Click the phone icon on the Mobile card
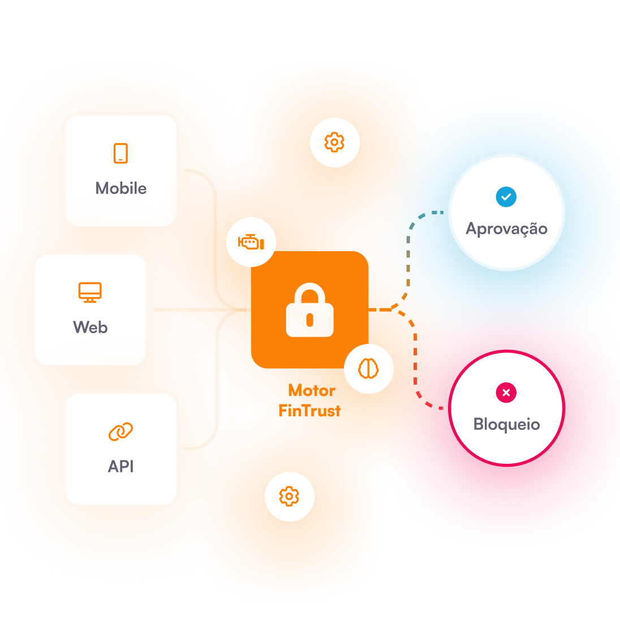[x=120, y=153]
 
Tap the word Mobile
[x=120, y=188]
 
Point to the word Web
[x=90, y=328]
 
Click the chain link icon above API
[x=120, y=432]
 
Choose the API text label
[x=120, y=467]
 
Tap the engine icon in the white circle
[x=251, y=243]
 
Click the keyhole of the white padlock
[x=309, y=320]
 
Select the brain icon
[x=368, y=369]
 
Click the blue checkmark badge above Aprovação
[x=506, y=197]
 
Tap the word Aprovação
[x=506, y=229]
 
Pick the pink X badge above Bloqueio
[x=506, y=393]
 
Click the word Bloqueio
[x=506, y=424]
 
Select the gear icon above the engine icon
[x=334, y=142]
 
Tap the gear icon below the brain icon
[x=289, y=496]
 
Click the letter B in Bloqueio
[x=479, y=424]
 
